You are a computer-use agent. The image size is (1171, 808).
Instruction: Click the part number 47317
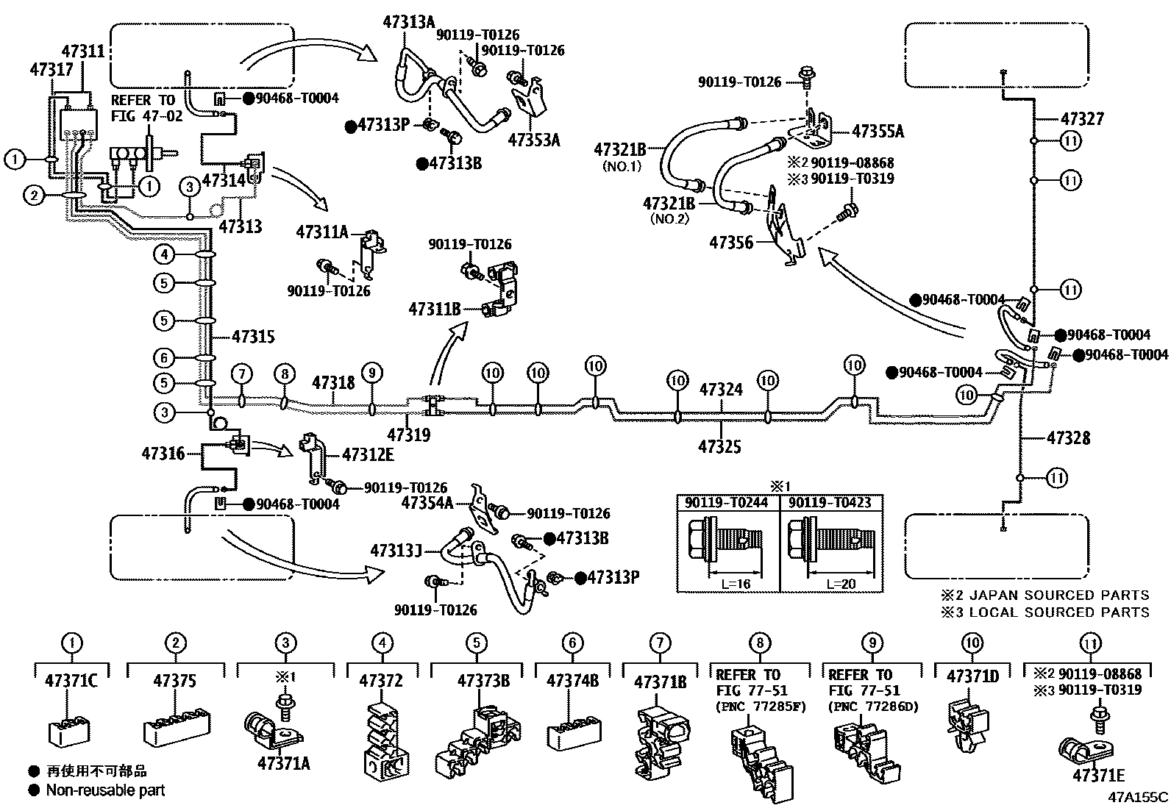click(x=51, y=70)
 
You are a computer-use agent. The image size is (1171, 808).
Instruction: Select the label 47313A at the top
click(x=409, y=22)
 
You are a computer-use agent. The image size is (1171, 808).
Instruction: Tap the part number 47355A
click(x=878, y=131)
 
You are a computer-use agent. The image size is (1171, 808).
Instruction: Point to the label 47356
click(x=731, y=243)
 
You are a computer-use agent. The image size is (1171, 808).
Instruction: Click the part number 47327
click(x=1082, y=119)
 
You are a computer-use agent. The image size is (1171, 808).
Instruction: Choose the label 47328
click(x=1069, y=438)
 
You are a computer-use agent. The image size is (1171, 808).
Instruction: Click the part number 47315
click(x=253, y=337)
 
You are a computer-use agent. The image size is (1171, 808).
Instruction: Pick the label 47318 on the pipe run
click(x=333, y=383)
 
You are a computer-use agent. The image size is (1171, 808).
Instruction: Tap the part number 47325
click(x=720, y=447)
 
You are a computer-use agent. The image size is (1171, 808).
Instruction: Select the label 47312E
click(x=368, y=454)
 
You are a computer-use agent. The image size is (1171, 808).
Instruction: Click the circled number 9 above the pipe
click(x=371, y=373)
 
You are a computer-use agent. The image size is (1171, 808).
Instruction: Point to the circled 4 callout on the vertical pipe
click(x=164, y=254)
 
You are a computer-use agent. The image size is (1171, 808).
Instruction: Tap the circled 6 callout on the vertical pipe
click(x=164, y=358)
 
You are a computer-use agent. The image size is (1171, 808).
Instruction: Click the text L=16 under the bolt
click(x=736, y=584)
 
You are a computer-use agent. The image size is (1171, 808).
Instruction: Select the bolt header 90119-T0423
click(x=830, y=503)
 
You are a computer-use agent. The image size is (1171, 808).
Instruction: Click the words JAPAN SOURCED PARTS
click(x=1061, y=595)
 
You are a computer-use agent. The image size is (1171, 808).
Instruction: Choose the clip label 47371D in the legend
click(x=973, y=677)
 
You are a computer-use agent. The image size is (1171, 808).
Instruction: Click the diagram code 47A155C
click(x=1138, y=797)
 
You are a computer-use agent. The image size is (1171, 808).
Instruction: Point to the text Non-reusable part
click(x=106, y=790)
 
